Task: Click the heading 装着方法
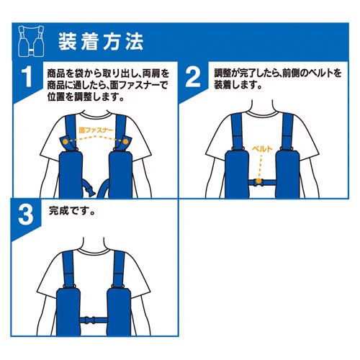tap(101, 42)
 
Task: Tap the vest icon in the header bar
tap(31, 41)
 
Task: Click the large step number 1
tap(27, 77)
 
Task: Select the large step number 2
tap(193, 77)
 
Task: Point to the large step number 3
tap(26, 215)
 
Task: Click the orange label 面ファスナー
tap(96, 130)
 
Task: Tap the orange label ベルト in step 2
tap(262, 149)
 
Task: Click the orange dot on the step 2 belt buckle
tap(258, 181)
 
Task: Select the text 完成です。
tap(71, 211)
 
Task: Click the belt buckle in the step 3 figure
tap(91, 320)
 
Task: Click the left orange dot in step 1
tap(66, 142)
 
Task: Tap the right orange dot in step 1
tap(125, 142)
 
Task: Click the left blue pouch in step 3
tap(68, 312)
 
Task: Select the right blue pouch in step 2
tap(287, 174)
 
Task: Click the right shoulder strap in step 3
tap(119, 269)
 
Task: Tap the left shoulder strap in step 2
tap(237, 131)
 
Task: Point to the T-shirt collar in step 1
tap(95, 114)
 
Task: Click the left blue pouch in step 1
tap(71, 175)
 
